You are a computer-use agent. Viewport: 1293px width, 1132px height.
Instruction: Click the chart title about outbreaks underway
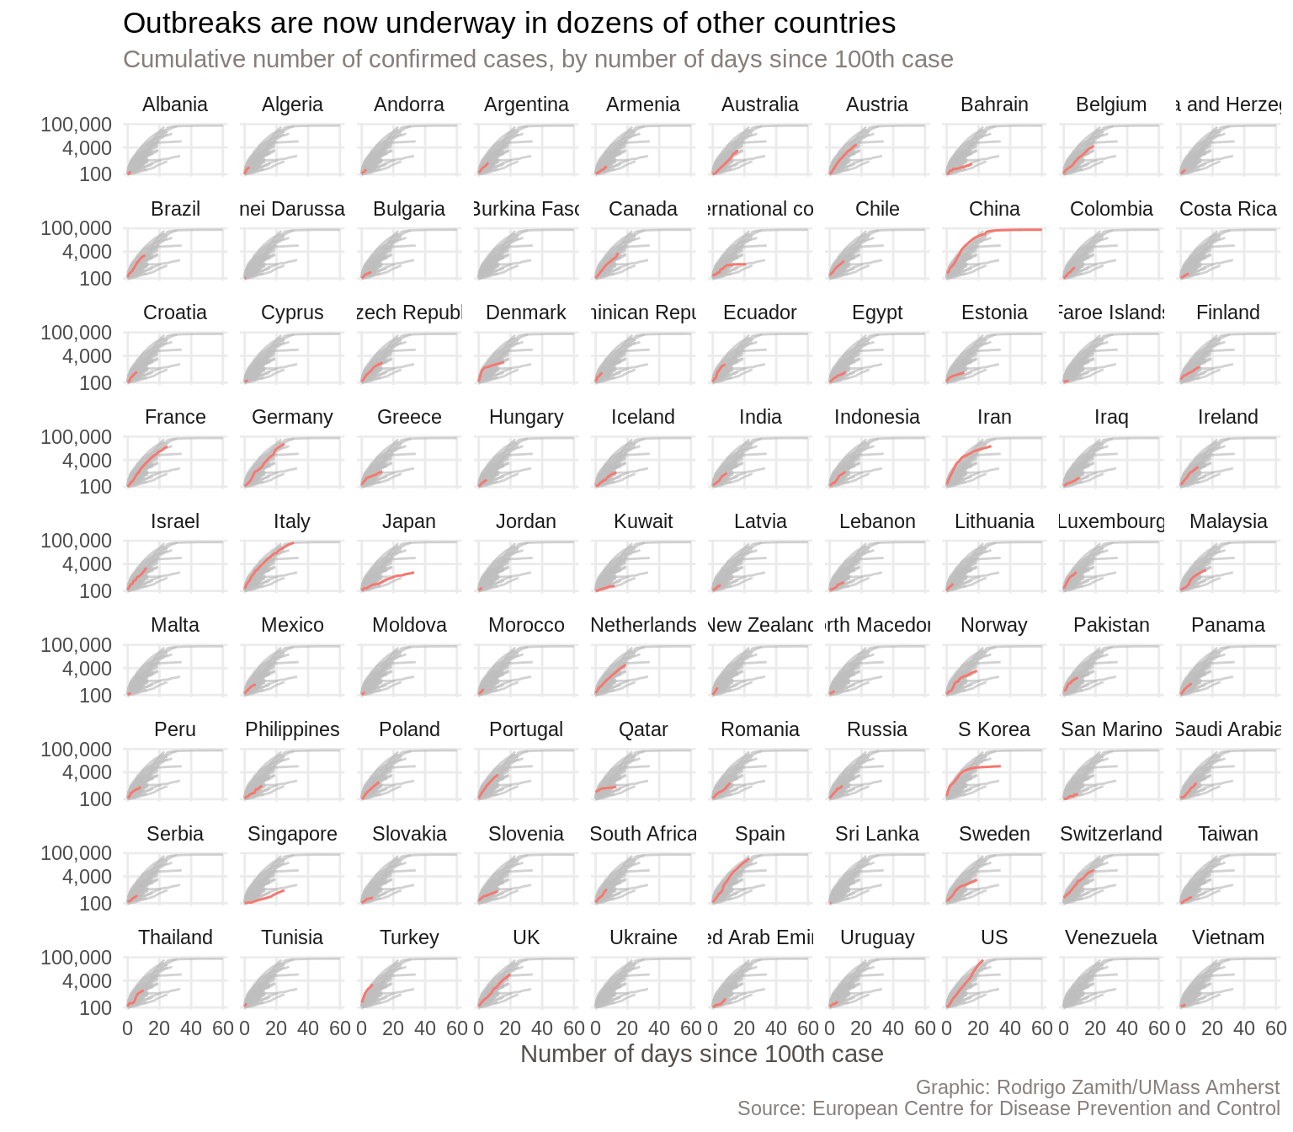[x=509, y=24]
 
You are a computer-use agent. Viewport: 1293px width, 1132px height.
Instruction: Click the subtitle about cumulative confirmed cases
[x=538, y=60]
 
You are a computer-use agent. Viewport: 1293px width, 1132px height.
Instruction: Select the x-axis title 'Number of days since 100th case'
[x=702, y=1055]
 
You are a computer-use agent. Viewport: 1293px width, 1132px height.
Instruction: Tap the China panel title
[x=994, y=209]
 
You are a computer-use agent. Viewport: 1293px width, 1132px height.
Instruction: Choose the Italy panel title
[x=292, y=521]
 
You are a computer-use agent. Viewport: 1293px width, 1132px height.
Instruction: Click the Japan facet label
[x=409, y=521]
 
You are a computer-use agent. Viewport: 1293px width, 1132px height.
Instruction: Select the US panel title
[x=994, y=938]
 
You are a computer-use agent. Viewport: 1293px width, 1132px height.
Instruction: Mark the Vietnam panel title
[x=1228, y=938]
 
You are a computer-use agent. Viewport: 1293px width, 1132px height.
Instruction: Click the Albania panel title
[x=175, y=104]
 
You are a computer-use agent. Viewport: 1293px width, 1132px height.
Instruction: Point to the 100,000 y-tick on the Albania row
[x=77, y=125]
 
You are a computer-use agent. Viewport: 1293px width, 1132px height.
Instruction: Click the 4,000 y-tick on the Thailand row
[x=88, y=981]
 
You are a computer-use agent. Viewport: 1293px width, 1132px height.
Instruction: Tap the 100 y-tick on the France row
[x=96, y=487]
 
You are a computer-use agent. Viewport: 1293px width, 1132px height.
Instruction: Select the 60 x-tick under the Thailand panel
[x=223, y=1028]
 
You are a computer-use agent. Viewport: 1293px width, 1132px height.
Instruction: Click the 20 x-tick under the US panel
[x=978, y=1028]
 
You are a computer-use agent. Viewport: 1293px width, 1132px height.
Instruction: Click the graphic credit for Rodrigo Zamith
[x=1097, y=1087]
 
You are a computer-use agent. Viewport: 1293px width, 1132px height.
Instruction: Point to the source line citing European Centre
[x=1008, y=1108]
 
